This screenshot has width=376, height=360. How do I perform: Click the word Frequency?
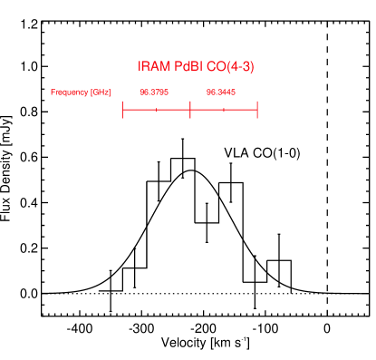tap(69, 92)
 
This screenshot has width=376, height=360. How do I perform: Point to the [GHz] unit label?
tap(100, 92)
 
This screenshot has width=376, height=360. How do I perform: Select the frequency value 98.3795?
tap(154, 92)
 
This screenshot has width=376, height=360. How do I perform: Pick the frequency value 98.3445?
tap(221, 92)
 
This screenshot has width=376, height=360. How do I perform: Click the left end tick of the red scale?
tap(122, 110)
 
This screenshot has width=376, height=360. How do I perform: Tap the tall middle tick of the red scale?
tap(190, 110)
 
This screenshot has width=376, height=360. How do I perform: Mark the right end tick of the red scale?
tap(257, 110)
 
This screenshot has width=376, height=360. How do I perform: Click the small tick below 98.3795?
tap(156, 110)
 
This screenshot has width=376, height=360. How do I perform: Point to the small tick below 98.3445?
tap(224, 110)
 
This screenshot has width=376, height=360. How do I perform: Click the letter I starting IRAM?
tap(140, 67)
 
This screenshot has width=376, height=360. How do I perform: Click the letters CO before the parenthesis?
tap(214, 67)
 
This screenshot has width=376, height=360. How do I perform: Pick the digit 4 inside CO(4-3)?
tap(232, 67)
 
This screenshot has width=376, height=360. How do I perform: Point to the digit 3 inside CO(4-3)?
tap(246, 67)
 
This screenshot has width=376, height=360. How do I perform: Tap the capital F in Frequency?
tap(53, 92)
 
